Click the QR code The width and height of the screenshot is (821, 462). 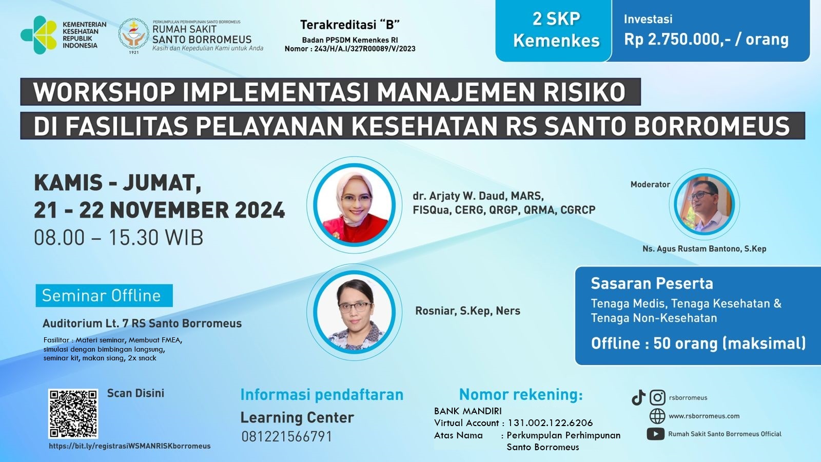73,413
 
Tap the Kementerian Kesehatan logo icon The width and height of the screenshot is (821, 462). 38,35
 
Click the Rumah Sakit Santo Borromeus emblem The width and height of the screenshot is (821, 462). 133,35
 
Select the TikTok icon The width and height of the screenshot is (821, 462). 638,397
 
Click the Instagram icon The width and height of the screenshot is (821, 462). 657,397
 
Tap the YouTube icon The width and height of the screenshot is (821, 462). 655,434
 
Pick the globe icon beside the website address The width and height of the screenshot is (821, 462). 657,416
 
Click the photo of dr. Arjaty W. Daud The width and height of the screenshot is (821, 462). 354,206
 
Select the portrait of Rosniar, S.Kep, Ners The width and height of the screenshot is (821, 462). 354,312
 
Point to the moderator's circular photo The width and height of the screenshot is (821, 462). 704,204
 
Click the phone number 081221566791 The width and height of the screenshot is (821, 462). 287,436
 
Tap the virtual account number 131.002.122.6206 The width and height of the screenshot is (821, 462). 550,423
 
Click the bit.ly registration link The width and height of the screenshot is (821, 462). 129,446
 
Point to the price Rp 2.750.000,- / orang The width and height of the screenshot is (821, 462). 706,40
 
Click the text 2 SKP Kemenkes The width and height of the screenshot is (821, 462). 556,30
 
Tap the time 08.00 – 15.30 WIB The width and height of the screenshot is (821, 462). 119,238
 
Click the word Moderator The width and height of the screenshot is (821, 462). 650,184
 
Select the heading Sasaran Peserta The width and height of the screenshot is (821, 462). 652,283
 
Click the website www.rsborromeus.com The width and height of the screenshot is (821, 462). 704,416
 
